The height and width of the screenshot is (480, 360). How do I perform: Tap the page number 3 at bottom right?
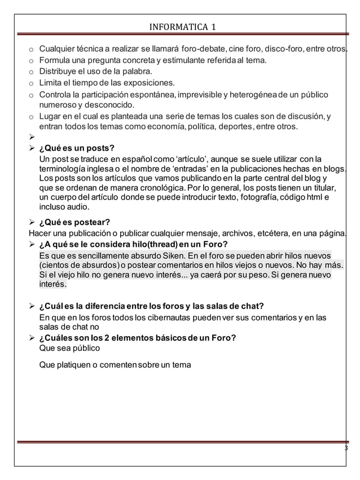click(x=346, y=448)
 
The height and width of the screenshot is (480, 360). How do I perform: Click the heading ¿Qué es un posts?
click(x=76, y=148)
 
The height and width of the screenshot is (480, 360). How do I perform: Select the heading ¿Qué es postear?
click(x=74, y=222)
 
